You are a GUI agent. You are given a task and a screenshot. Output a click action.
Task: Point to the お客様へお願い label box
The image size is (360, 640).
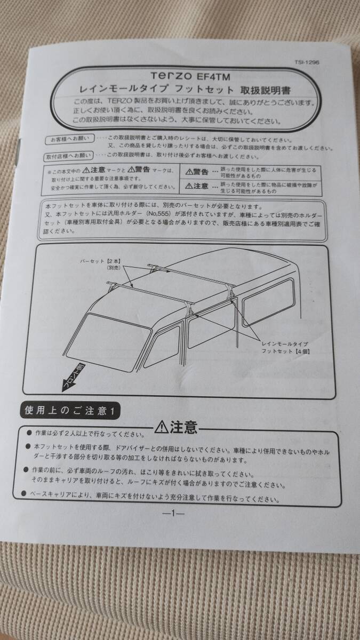coord(69,140)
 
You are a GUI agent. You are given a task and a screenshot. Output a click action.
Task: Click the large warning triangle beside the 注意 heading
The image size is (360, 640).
coord(161,428)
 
